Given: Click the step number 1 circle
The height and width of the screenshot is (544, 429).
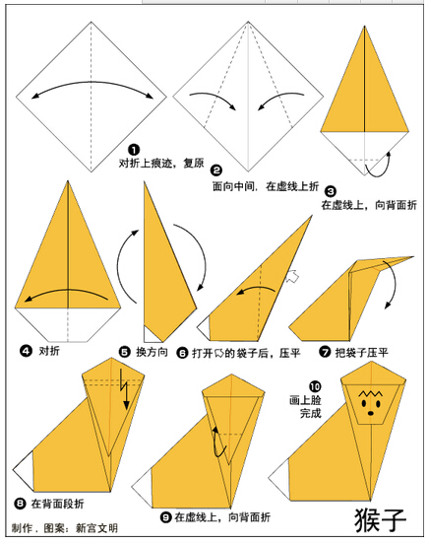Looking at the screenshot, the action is click(134, 150).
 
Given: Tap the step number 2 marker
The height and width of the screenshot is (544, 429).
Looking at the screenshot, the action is click(216, 170).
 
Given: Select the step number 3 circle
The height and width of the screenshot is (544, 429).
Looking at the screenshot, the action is click(331, 191).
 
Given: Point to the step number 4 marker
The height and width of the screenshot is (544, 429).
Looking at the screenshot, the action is click(26, 351).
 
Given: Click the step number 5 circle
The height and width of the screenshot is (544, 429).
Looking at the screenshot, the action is click(124, 352).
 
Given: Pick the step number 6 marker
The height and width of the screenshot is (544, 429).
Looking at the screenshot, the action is click(182, 353).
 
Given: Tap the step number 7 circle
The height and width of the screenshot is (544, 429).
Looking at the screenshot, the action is click(325, 352).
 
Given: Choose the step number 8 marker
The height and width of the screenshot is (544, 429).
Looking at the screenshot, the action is click(20, 503).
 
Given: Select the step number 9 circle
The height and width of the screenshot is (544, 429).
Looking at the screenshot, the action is click(166, 517).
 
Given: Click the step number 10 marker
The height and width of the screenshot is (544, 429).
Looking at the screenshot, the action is click(315, 386).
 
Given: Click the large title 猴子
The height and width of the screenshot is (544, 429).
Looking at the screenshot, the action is click(380, 520).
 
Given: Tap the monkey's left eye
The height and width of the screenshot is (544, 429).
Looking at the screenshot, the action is click(364, 403).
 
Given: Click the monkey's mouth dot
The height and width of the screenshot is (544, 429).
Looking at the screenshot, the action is click(371, 413).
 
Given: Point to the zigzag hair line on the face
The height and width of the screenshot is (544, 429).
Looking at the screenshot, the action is click(370, 394).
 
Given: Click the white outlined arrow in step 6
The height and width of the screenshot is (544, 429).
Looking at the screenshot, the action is click(292, 277).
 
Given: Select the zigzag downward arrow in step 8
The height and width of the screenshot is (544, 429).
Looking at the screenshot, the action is click(124, 389).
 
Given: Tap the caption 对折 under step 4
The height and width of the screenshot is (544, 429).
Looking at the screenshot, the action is click(49, 351).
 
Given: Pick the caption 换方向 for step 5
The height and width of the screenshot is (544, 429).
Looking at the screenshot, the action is click(152, 352).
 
